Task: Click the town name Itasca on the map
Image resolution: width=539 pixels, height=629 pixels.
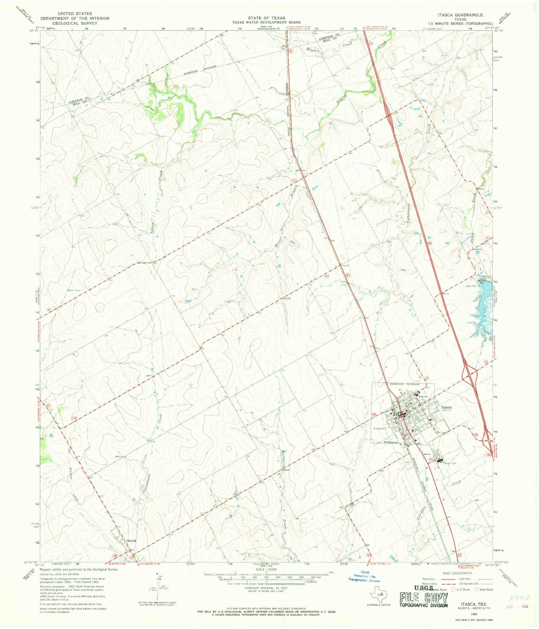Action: tap(446, 407)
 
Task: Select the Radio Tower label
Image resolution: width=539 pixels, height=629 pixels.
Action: tap(74, 290)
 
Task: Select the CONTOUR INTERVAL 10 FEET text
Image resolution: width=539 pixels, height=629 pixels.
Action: tap(266, 588)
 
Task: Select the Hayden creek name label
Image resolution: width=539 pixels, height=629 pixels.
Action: tap(314, 50)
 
